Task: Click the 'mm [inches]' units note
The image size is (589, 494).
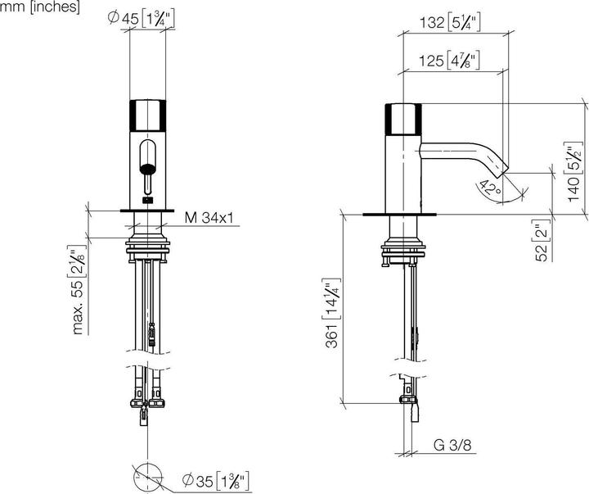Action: click(x=40, y=7)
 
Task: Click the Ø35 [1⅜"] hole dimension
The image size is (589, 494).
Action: click(x=216, y=478)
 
